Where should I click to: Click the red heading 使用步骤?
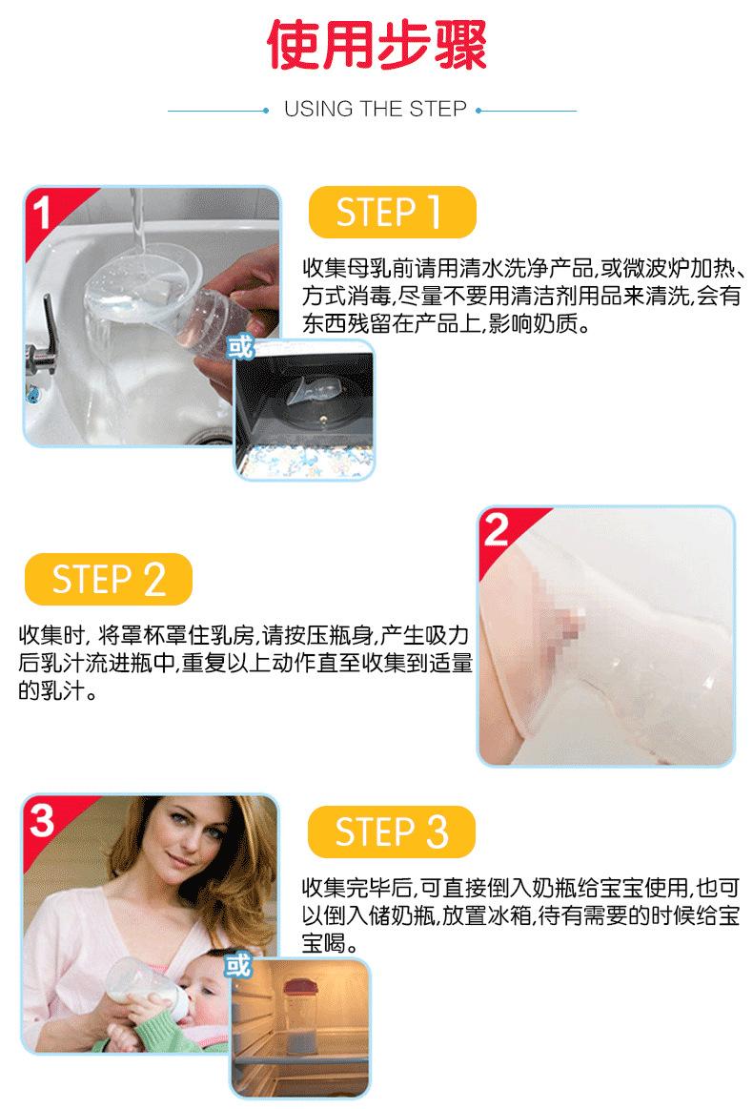(x=376, y=46)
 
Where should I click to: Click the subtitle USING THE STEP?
(x=376, y=109)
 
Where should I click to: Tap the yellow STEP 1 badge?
(x=393, y=213)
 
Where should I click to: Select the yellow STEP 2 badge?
(x=108, y=579)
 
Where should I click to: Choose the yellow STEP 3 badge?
(x=392, y=832)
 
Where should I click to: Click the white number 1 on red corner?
(x=41, y=213)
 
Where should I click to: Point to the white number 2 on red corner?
(x=496, y=530)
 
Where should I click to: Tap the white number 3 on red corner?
(x=42, y=820)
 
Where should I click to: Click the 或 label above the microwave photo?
(x=239, y=347)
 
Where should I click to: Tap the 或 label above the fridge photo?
(x=238, y=965)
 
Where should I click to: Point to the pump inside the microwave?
(x=311, y=396)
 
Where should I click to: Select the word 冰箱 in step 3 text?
(x=509, y=915)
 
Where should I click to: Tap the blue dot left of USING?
(x=266, y=111)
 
